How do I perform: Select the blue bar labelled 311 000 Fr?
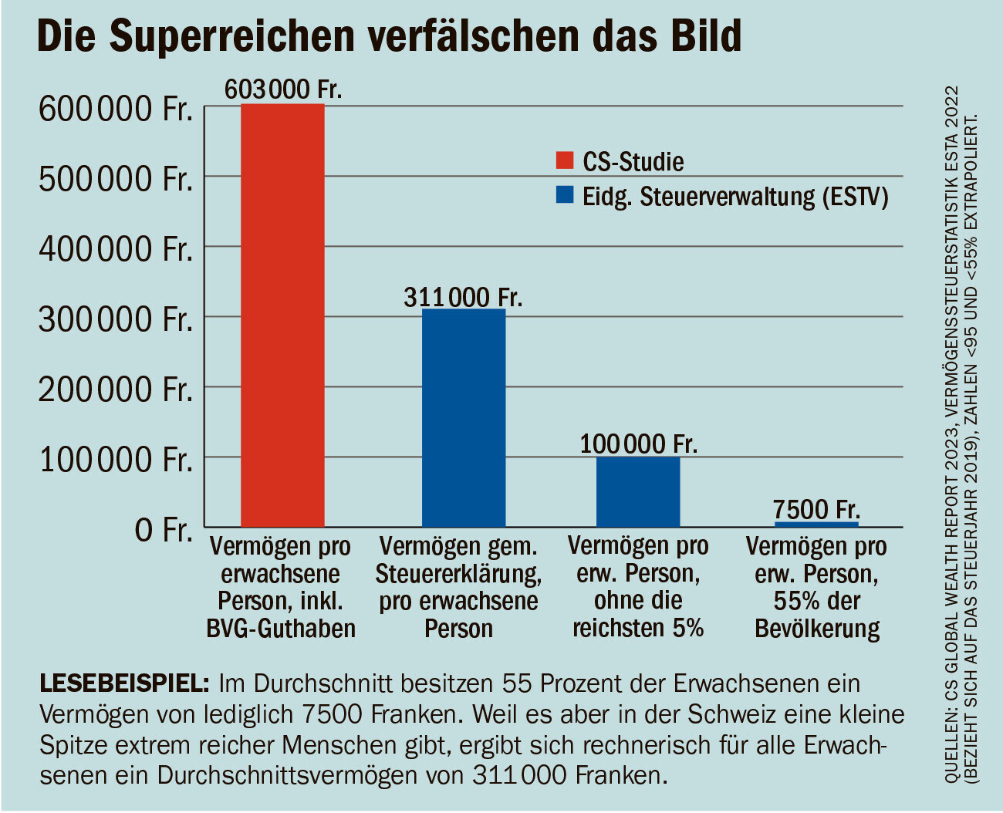[x=464, y=417]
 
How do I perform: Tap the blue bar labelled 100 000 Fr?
[x=638, y=491]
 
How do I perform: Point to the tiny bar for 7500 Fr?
[x=816, y=524]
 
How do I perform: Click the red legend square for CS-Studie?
[x=565, y=160]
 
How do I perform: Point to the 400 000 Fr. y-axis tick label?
[x=116, y=248]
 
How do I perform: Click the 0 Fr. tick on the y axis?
[x=163, y=530]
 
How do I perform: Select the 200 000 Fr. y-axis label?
[x=116, y=389]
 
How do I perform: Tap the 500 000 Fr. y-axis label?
[x=116, y=178]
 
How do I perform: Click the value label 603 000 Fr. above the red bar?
[x=282, y=89]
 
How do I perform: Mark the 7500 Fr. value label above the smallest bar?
[x=816, y=509]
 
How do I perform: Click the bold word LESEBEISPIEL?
[x=124, y=683]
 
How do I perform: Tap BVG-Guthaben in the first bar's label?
[x=281, y=629]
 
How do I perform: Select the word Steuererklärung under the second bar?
[x=458, y=574]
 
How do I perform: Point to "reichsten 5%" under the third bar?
[x=638, y=628]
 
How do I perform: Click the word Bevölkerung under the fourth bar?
[x=817, y=629]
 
